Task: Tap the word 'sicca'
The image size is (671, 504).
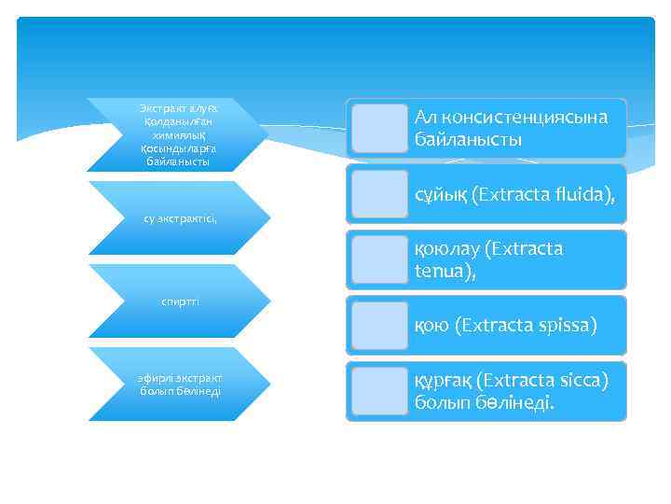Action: click(x=581, y=381)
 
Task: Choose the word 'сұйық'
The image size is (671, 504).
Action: click(x=441, y=194)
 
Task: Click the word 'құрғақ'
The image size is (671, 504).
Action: click(x=444, y=381)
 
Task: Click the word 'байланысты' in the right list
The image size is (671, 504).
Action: click(x=469, y=140)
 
